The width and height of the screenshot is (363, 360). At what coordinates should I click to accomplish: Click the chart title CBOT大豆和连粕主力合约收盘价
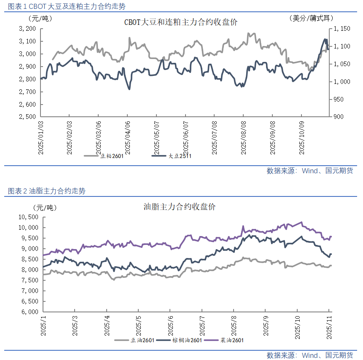[x=181, y=22]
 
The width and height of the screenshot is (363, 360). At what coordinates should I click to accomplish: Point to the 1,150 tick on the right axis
[x=342, y=29]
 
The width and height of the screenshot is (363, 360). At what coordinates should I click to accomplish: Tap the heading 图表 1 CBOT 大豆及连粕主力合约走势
[x=67, y=6]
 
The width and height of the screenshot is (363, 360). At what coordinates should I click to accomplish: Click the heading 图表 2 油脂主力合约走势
[x=46, y=191]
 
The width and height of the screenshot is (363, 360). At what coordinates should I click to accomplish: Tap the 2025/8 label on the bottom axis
[x=234, y=325]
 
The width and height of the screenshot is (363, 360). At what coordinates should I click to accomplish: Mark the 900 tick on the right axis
[x=339, y=117]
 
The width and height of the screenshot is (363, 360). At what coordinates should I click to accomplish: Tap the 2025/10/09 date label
[x=301, y=137]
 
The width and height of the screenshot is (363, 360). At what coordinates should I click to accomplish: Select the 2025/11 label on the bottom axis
[x=329, y=325]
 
